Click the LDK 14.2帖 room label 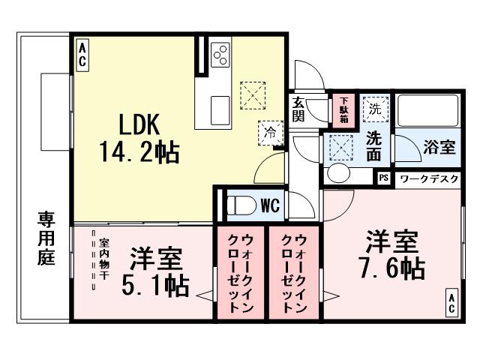139,138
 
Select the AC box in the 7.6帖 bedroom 451,303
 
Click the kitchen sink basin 220,109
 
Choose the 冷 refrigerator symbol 268,132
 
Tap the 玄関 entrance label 298,109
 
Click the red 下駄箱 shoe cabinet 343,109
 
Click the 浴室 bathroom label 439,147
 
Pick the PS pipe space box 383,178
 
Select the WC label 270,205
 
